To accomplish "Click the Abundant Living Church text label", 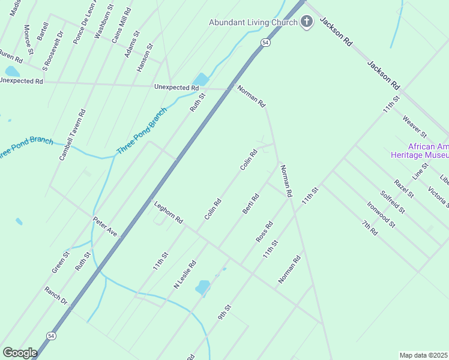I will point(253,23).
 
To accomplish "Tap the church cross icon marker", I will point(307,23).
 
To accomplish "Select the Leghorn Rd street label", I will point(168,212).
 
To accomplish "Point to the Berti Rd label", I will point(250,203).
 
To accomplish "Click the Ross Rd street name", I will point(264,232).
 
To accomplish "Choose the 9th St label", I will point(224,312).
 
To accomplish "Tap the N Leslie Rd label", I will point(185,275).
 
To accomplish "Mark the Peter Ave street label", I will point(104,226).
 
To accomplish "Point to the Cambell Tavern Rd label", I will point(72,134).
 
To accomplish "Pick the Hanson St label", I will point(145,58).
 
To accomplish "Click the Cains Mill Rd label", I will point(121,26).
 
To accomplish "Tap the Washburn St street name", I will point(104,22).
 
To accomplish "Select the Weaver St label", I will point(414,126).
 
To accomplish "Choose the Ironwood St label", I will point(381,214).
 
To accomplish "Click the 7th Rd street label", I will point(369,227).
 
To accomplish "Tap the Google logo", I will point(20,353).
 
